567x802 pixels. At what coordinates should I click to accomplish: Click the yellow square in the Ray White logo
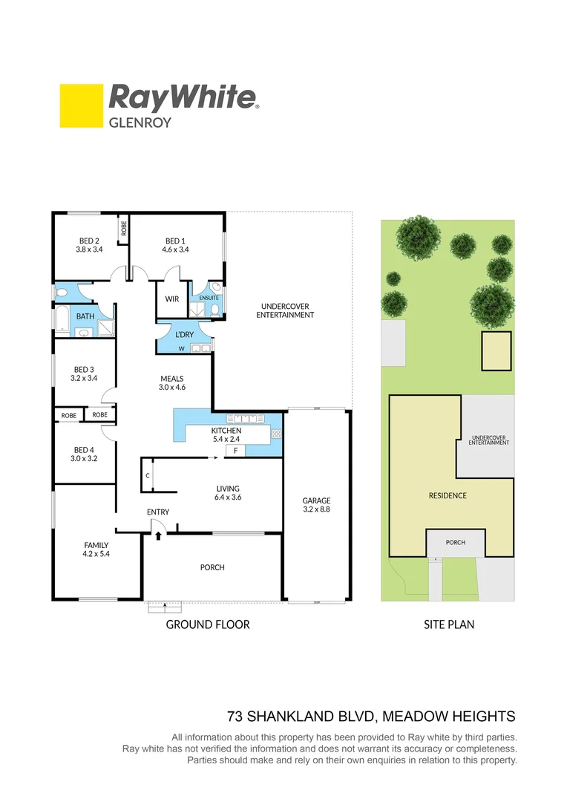(81, 106)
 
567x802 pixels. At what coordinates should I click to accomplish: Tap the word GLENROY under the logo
(140, 123)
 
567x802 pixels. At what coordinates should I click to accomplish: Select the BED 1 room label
(175, 241)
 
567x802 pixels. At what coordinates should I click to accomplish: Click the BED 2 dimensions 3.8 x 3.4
(89, 250)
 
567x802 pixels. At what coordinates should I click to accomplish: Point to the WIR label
(171, 299)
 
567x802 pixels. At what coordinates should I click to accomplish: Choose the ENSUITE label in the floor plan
(209, 299)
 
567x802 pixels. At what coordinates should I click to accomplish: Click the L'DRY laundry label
(184, 335)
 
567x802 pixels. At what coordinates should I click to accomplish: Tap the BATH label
(85, 317)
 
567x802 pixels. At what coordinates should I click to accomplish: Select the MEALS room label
(171, 379)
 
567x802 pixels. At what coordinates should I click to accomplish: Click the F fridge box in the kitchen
(235, 451)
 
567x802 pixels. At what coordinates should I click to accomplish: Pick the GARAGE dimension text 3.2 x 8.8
(316, 510)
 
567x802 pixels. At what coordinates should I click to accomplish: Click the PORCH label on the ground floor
(212, 567)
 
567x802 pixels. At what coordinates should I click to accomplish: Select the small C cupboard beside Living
(148, 475)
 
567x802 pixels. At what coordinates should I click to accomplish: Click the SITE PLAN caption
(449, 625)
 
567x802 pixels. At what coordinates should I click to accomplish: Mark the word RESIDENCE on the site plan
(448, 495)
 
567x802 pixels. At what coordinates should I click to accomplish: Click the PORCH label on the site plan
(455, 543)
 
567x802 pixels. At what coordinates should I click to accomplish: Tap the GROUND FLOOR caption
(208, 625)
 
